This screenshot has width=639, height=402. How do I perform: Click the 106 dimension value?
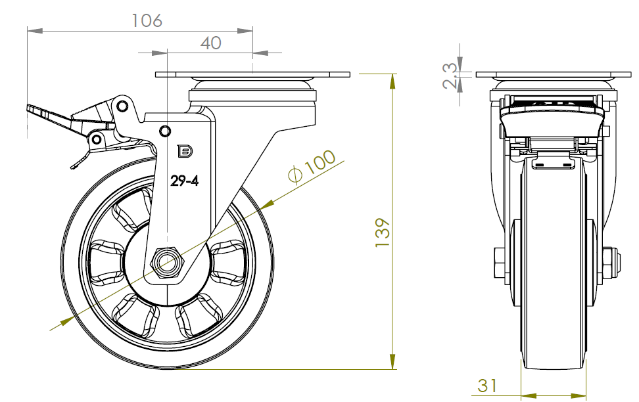pyautogui.click(x=147, y=20)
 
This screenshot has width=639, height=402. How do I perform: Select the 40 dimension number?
pyautogui.click(x=210, y=43)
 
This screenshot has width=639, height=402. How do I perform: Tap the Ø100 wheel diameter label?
pyautogui.click(x=312, y=167)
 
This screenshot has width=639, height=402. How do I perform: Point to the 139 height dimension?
pyautogui.click(x=383, y=232)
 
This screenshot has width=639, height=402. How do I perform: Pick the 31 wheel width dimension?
pyautogui.click(x=487, y=386)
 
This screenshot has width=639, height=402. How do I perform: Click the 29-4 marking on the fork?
pyautogui.click(x=185, y=181)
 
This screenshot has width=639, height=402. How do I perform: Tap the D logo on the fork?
pyautogui.click(x=185, y=151)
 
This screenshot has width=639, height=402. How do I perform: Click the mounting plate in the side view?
pyautogui.click(x=252, y=75)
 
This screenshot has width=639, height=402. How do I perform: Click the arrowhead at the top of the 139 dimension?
pyautogui.click(x=393, y=81)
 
